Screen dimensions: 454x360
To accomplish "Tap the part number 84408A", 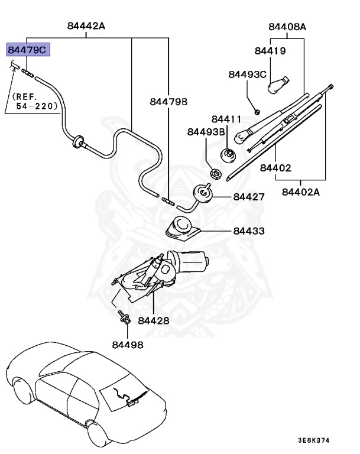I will coord(287,27).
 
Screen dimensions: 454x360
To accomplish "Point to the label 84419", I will coord(270,51).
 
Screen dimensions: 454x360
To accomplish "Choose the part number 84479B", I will coord(168,102).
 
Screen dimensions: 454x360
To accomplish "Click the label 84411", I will coord(226,119).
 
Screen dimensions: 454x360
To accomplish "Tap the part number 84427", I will coord(249,196).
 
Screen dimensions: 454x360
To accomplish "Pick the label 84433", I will coord(249,231).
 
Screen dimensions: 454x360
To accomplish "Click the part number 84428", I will coord(154,320).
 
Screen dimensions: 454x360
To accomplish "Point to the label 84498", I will coord(127,344).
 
